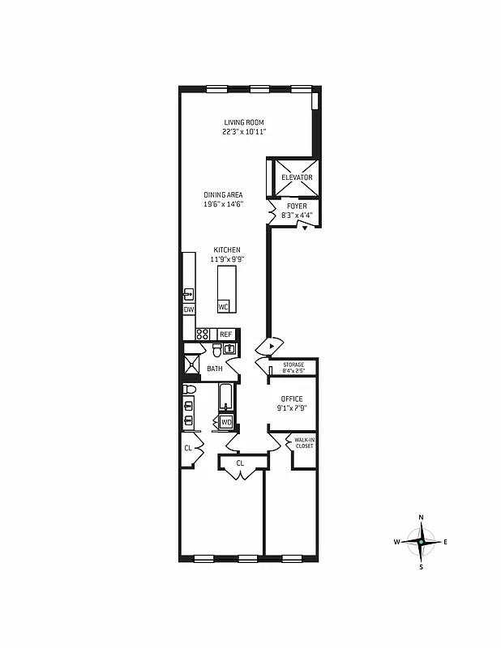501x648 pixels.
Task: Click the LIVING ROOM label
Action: (x=244, y=122)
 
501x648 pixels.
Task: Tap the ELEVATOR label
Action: (x=296, y=177)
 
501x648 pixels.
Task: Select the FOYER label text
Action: (x=297, y=207)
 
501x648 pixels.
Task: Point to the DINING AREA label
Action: (x=223, y=195)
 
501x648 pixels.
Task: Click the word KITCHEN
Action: (x=227, y=249)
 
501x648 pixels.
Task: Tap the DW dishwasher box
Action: (x=189, y=309)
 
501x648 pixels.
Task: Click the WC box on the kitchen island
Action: (x=223, y=307)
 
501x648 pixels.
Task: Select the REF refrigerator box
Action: (x=225, y=335)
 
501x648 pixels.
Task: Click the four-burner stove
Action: (x=203, y=334)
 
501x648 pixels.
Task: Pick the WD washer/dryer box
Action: (x=226, y=422)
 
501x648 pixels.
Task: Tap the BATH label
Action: (x=214, y=369)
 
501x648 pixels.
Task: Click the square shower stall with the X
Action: (x=191, y=365)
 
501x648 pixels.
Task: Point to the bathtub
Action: (x=225, y=399)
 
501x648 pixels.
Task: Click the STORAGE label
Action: (x=293, y=365)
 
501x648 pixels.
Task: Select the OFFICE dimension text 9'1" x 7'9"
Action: (x=293, y=408)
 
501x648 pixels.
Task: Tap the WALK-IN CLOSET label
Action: (x=304, y=443)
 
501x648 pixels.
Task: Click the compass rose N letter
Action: (x=421, y=517)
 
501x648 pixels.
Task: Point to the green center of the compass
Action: (x=421, y=541)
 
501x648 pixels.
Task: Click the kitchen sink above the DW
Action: (x=188, y=293)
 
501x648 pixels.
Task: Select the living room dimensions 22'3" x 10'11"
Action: (x=244, y=131)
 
